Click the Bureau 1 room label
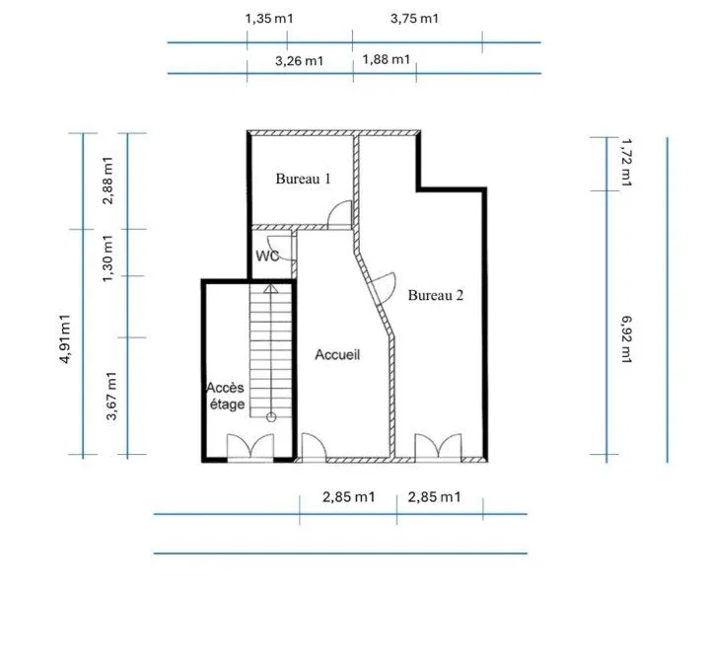303,179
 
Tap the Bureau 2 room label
435,295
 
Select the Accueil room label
337,355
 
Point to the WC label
267,256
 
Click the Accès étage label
226,396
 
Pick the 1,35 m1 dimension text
269,19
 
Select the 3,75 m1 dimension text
414,19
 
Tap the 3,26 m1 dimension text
299,61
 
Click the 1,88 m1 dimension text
387,59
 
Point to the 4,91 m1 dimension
65,338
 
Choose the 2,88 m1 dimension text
107,181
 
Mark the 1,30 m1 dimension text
107,259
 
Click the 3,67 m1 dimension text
111,396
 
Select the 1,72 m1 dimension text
626,163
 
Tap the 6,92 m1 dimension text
626,339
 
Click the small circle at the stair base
271,417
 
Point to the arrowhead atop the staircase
271,288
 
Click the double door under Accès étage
250,447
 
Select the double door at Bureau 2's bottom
438,447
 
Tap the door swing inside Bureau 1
340,213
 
